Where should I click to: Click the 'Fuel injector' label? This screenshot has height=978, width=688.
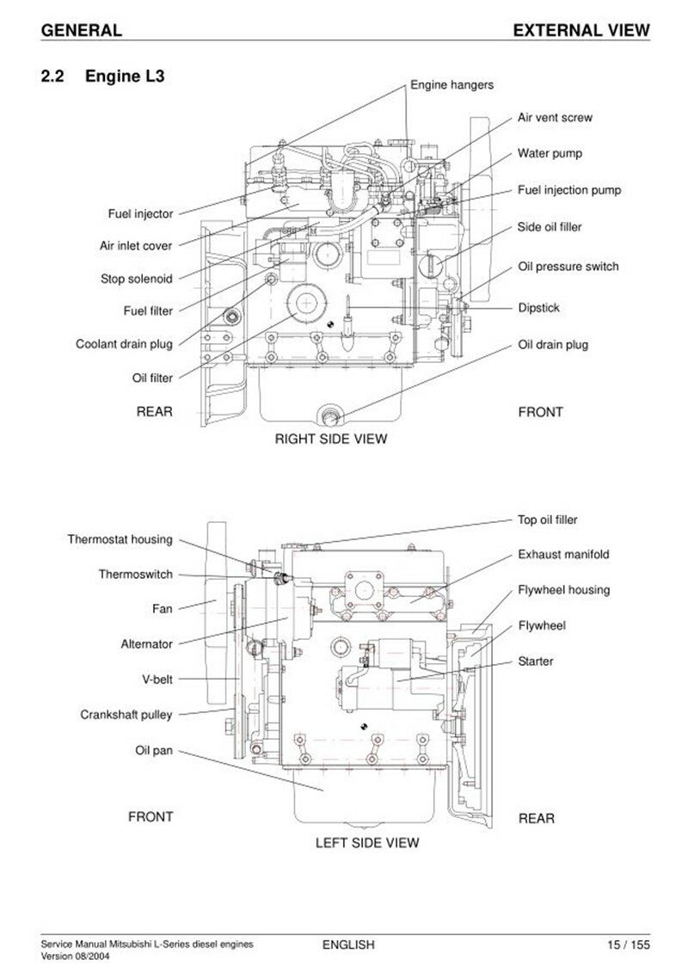point(140,214)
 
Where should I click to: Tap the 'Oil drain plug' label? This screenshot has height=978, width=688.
point(553,344)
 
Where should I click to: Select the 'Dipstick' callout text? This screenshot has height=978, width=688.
point(538,307)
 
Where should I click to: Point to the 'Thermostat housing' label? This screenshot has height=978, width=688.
point(120,539)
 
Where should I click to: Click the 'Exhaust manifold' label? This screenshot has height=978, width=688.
point(563,554)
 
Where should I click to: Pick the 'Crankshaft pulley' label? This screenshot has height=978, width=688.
point(126,715)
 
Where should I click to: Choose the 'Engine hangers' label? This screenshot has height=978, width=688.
point(451,85)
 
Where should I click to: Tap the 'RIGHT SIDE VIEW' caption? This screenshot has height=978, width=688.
point(331,439)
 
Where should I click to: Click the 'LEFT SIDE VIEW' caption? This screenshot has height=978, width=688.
point(366,843)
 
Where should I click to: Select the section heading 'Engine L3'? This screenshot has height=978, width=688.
point(125,76)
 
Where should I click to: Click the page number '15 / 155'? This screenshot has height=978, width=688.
point(629,945)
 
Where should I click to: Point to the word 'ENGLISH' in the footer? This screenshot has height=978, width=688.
point(348,945)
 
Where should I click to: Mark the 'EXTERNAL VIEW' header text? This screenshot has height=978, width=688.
point(581,30)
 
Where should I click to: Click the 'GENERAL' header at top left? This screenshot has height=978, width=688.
point(81,30)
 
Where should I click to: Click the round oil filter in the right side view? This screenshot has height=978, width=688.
point(307,303)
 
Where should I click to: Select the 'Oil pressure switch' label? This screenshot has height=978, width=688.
point(568,267)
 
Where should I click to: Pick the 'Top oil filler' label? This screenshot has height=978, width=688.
point(547,520)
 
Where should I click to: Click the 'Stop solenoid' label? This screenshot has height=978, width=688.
point(136,279)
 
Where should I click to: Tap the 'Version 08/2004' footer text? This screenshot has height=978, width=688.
point(71,956)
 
